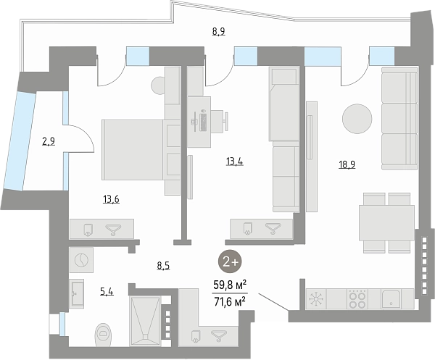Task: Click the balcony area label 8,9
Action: (x=219, y=32)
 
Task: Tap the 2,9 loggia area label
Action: (x=49, y=142)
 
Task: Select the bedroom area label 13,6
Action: (x=111, y=199)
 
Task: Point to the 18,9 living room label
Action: (x=347, y=165)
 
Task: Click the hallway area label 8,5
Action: (x=163, y=266)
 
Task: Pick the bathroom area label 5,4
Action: (x=107, y=291)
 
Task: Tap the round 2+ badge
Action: (x=230, y=262)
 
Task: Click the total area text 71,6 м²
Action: (x=229, y=301)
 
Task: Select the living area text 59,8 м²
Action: (x=229, y=285)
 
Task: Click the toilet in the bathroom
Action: (x=103, y=335)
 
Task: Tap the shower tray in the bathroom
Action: (x=146, y=321)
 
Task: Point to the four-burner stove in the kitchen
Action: (x=357, y=299)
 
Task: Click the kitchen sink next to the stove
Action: (x=391, y=299)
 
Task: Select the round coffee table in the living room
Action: (x=357, y=119)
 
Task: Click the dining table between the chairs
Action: (x=386, y=222)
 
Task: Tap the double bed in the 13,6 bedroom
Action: (x=141, y=150)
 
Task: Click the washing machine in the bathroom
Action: (x=81, y=260)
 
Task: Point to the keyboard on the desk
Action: (x=203, y=120)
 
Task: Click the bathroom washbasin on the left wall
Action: (x=76, y=293)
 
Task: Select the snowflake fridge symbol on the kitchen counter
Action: (x=316, y=299)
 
